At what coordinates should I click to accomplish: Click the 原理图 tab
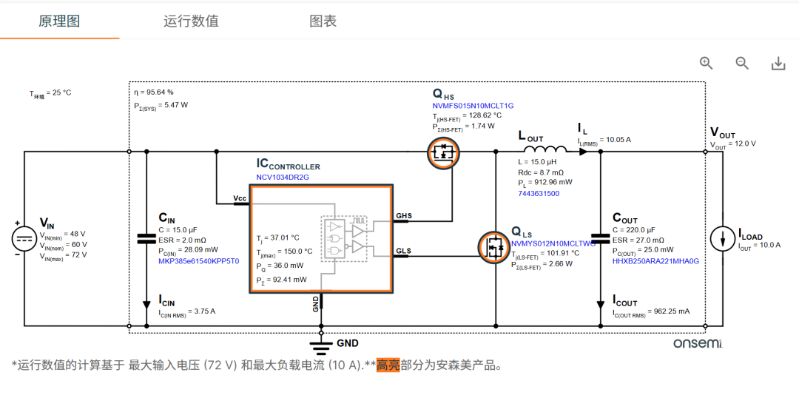click(59, 21)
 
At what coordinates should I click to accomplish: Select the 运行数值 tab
click(191, 21)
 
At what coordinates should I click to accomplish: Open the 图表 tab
click(323, 21)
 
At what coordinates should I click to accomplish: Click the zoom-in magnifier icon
click(707, 63)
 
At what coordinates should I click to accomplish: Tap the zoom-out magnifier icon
click(743, 63)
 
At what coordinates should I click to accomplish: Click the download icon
click(778, 64)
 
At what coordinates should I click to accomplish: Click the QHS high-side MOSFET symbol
click(443, 152)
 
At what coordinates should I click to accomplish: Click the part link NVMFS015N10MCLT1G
click(473, 106)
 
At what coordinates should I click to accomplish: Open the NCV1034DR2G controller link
click(283, 178)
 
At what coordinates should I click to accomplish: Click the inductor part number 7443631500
click(538, 194)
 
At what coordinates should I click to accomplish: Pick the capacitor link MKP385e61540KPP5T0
click(199, 260)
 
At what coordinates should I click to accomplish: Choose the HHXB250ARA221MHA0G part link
click(655, 261)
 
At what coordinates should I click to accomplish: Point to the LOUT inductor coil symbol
click(545, 149)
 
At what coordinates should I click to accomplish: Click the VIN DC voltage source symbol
click(24, 238)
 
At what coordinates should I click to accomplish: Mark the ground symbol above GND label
click(321, 348)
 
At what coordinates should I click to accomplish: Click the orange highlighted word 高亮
click(388, 365)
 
